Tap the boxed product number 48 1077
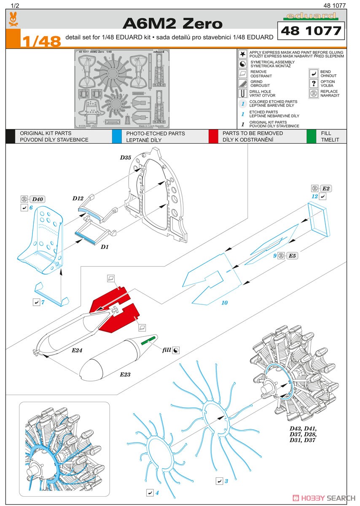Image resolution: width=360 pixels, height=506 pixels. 309,31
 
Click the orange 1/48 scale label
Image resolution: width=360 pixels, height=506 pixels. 41,41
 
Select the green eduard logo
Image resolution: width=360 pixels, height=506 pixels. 311,16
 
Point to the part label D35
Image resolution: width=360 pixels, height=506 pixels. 125,157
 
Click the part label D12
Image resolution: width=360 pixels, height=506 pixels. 78,198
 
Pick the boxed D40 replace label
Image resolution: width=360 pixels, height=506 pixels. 37,199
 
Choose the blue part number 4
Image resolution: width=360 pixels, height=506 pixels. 156,493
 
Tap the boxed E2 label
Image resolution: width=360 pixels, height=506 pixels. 327,188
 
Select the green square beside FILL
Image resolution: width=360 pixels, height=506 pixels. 311,136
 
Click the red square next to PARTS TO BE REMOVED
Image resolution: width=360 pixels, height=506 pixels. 214,136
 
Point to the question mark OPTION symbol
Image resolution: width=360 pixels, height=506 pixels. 313,83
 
